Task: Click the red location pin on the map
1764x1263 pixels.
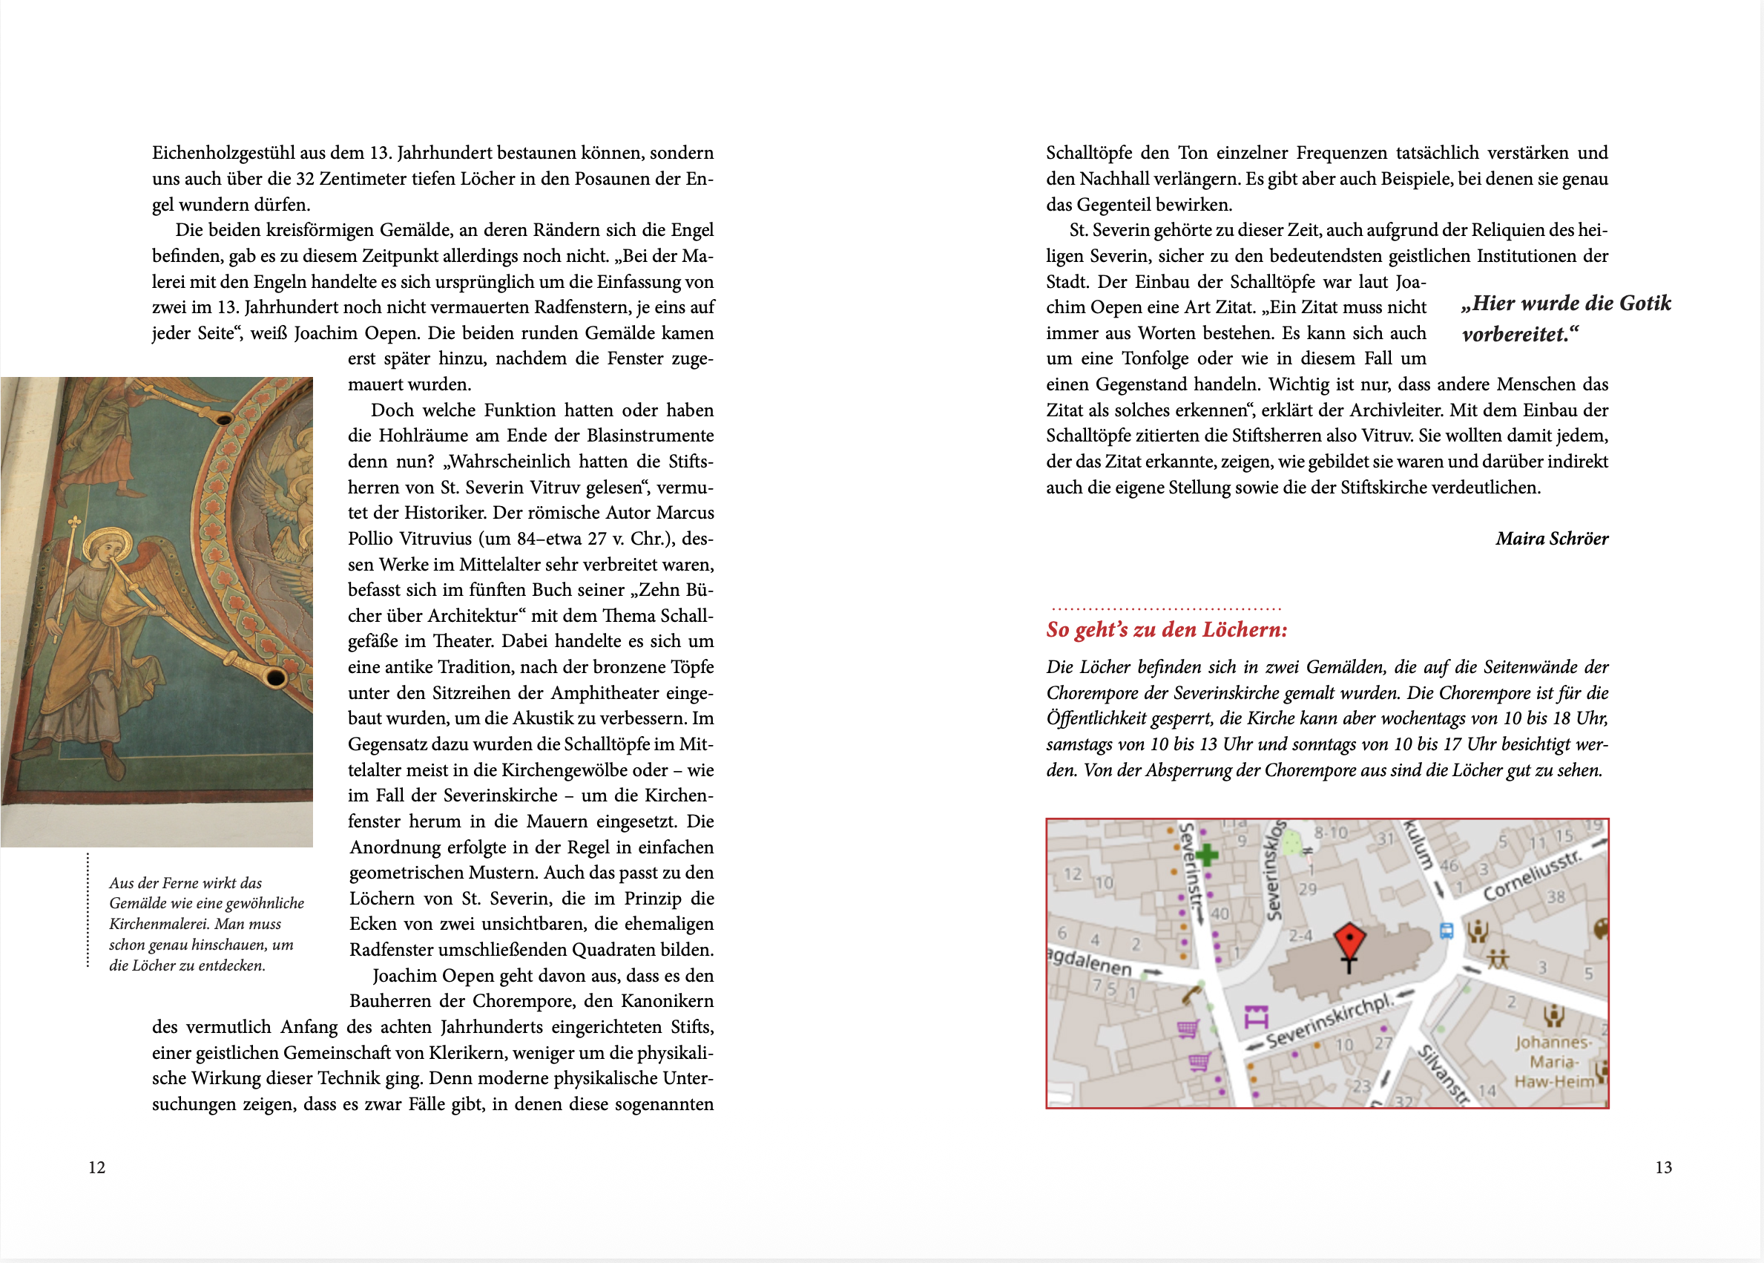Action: point(1349,939)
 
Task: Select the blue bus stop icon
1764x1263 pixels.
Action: point(1446,930)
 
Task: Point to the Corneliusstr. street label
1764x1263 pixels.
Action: point(1532,876)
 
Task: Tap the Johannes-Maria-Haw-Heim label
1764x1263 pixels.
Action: point(1553,1062)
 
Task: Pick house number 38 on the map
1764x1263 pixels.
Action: point(1556,896)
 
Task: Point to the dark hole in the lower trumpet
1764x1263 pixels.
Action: point(275,678)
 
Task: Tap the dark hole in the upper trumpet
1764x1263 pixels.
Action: point(225,419)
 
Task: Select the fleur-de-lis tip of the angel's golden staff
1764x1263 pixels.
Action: point(75,522)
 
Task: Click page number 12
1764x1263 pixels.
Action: point(96,1167)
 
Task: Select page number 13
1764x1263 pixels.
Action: point(1663,1167)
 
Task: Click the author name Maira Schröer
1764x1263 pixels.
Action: point(1551,538)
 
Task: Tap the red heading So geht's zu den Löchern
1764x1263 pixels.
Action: point(1166,629)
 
